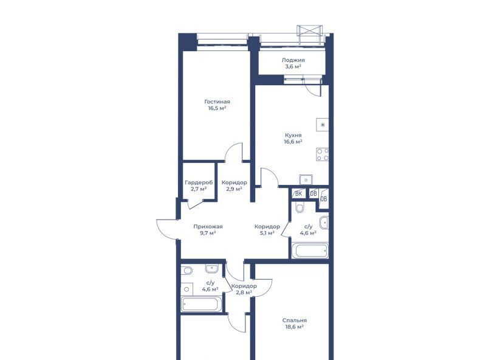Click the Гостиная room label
click(x=217, y=102)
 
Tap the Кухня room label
click(x=293, y=136)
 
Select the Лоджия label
click(x=293, y=60)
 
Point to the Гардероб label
click(x=199, y=182)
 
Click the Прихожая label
click(x=208, y=227)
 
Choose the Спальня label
click(x=295, y=320)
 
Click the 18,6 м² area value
click(x=295, y=327)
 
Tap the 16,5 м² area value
click(x=217, y=108)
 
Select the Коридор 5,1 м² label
click(x=267, y=230)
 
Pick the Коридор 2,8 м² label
click(x=244, y=289)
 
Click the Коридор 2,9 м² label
click(x=234, y=185)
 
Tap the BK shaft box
click(x=298, y=193)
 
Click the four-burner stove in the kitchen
click(x=323, y=154)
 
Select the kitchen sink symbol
click(x=306, y=179)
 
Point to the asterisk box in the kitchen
click(x=323, y=125)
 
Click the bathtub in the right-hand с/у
click(x=310, y=251)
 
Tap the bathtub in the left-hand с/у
click(x=202, y=304)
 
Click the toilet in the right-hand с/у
click(x=299, y=207)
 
